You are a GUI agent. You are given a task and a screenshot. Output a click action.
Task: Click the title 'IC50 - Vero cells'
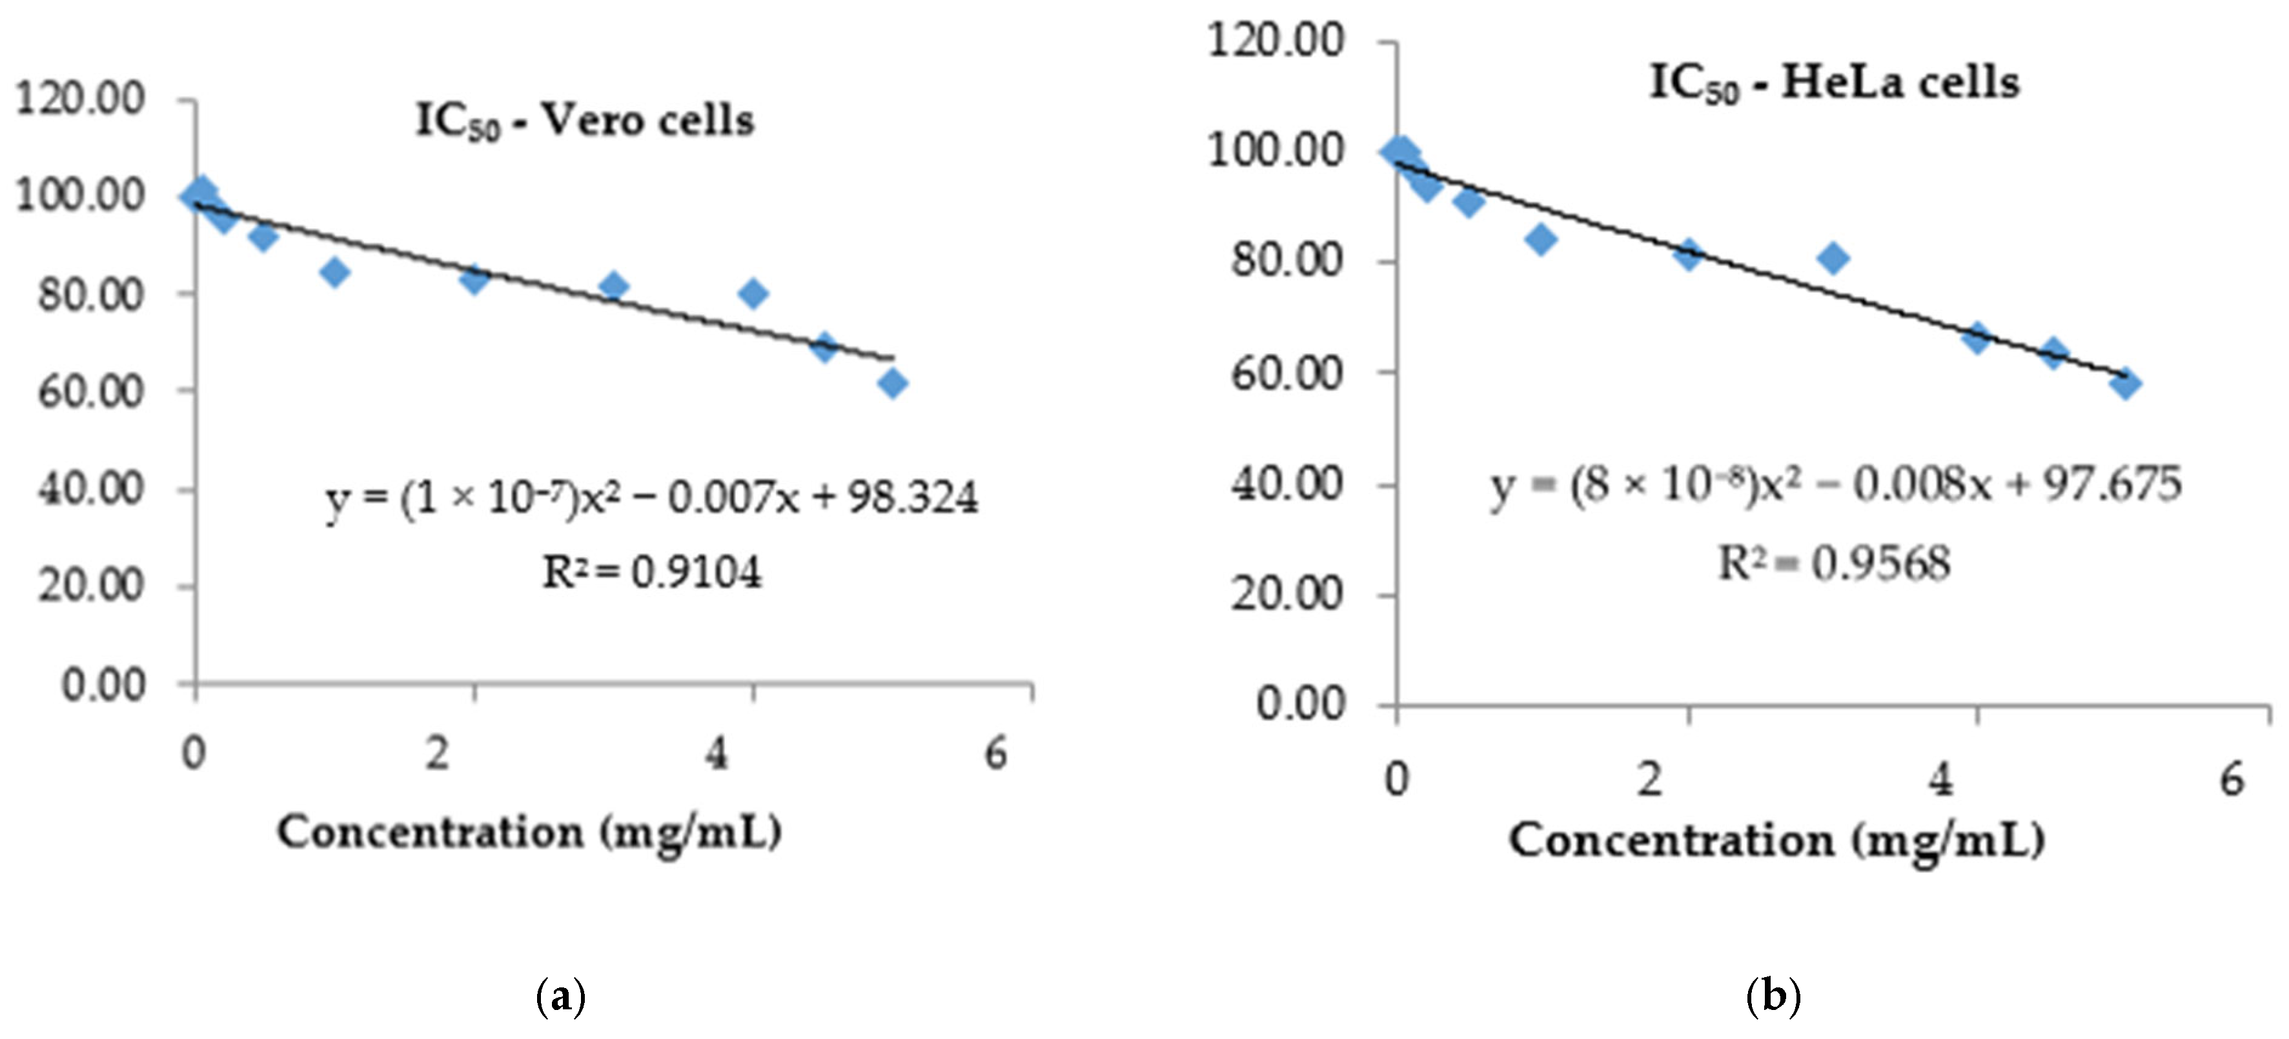click(585, 121)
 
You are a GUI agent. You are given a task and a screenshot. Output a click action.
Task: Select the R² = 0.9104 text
click(651, 573)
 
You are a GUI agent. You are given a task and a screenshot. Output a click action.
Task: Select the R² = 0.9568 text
click(1834, 563)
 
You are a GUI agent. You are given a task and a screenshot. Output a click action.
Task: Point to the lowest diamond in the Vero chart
click(893, 384)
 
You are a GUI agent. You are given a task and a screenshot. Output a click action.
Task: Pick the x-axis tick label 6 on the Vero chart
click(996, 755)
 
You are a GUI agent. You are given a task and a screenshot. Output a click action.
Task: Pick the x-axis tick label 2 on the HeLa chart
click(1650, 780)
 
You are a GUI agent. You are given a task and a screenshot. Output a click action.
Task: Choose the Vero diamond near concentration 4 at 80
click(753, 293)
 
